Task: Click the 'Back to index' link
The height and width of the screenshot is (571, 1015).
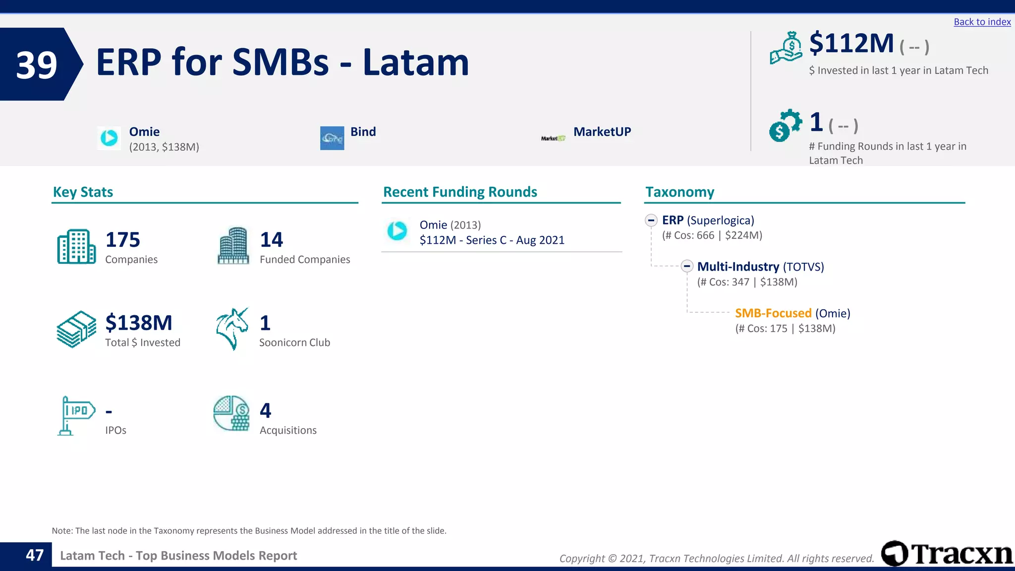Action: tap(982, 22)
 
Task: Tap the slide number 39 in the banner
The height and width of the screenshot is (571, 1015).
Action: tap(37, 65)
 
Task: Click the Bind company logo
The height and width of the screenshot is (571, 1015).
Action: tap(332, 138)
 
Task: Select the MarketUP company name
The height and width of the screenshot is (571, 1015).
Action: tap(602, 132)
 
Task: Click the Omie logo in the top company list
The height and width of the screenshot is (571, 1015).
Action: tap(109, 138)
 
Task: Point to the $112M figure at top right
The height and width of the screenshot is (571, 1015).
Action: tap(851, 44)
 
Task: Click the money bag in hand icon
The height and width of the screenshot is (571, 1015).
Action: tap(786, 48)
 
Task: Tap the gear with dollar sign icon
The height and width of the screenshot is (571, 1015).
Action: tap(785, 125)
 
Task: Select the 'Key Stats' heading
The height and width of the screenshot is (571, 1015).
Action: tap(83, 192)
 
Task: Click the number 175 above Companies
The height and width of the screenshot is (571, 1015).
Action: tap(122, 240)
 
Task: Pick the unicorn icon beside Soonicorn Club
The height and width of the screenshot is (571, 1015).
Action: tap(232, 329)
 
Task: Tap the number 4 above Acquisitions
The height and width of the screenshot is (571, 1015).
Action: tap(265, 410)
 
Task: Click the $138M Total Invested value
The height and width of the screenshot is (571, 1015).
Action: tap(138, 323)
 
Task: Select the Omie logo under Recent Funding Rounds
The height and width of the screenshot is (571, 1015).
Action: tap(397, 230)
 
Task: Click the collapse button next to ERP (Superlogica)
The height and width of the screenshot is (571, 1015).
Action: tap(651, 220)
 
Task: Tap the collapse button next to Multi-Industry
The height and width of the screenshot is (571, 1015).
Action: tap(686, 266)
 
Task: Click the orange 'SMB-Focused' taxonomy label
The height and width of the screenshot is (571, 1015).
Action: tap(773, 313)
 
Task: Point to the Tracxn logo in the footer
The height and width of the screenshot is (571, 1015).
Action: tap(947, 554)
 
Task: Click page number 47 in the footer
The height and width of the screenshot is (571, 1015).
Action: tap(35, 555)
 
